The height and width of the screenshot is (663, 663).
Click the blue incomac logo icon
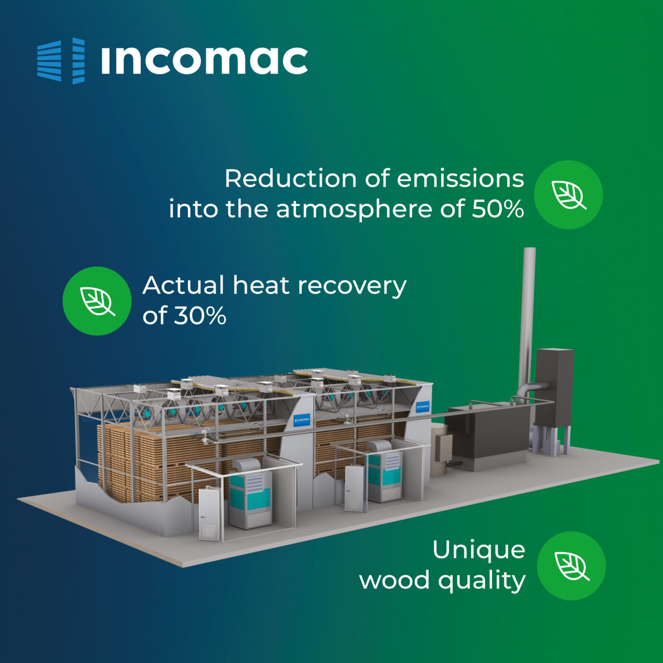61,61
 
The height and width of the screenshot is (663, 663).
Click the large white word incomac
205,61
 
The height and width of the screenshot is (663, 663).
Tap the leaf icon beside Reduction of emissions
568,195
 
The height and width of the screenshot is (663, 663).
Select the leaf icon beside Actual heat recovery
97,301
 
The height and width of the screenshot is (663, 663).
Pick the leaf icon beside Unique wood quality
572,566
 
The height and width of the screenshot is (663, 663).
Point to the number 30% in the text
200,315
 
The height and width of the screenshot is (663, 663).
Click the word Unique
479,550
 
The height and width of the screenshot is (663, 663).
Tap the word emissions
460,179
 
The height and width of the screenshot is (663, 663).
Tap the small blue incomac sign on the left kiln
302,420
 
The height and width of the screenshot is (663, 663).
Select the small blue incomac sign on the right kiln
422,406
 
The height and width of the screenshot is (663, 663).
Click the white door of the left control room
209,513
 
